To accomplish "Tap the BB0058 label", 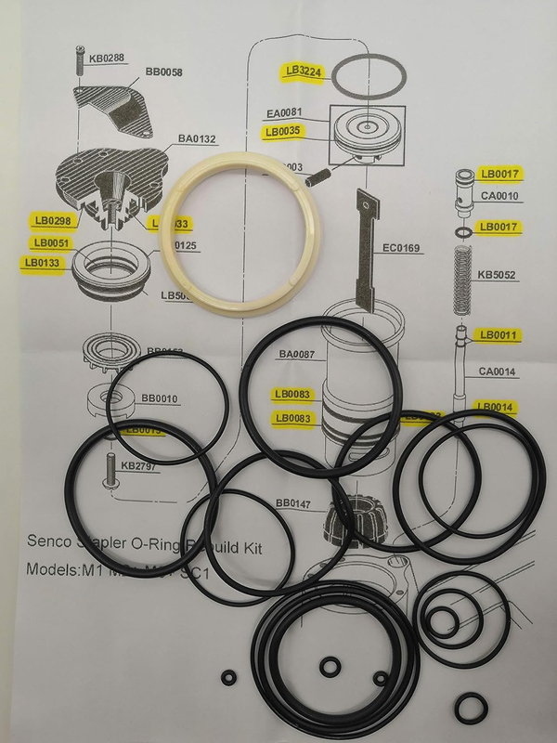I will (x=164, y=72).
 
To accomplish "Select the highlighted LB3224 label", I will (x=304, y=71).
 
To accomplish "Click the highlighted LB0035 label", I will (x=282, y=132).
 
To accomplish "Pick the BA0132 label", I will (x=197, y=139).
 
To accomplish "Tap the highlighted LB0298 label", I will (x=52, y=221).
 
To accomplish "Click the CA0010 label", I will (x=500, y=196).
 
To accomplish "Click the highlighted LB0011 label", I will (x=497, y=333).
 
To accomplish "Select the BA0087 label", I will (x=296, y=354).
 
